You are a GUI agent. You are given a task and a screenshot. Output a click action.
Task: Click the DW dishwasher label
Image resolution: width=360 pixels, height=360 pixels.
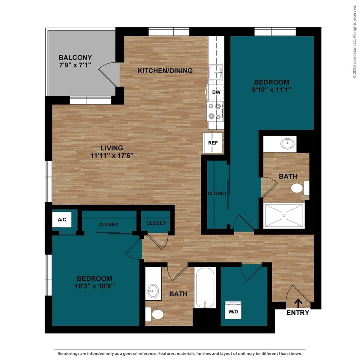[216, 92]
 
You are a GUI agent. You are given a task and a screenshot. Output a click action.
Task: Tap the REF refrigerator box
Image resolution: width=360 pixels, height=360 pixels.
[213, 142]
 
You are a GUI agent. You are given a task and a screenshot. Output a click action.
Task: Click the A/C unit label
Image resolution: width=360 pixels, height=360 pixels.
[62, 220]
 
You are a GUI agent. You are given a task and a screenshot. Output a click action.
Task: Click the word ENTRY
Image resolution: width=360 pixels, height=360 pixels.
[298, 313]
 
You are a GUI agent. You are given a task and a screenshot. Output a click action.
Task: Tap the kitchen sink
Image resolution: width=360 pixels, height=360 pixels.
[216, 73]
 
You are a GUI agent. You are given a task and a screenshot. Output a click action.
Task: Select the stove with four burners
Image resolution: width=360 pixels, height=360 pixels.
[216, 111]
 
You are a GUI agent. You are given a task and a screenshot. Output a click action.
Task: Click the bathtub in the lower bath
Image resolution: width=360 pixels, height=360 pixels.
[206, 287]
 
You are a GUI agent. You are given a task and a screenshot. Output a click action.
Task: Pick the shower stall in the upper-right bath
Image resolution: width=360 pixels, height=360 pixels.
[285, 216]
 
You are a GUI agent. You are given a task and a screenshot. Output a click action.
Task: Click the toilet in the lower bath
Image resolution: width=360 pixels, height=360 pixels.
[155, 315]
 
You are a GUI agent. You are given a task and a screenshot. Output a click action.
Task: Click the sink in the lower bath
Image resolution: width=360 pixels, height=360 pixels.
[153, 292]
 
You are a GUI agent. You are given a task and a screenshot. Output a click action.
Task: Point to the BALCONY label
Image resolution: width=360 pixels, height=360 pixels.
[75, 58]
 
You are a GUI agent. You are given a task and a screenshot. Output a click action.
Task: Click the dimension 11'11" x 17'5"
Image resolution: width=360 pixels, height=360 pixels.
[112, 156]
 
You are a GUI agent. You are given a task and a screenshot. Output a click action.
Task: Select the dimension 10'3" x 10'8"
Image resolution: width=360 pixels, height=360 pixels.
[95, 286]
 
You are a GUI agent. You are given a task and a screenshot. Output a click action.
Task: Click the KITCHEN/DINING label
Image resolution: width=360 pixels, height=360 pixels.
[165, 71]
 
